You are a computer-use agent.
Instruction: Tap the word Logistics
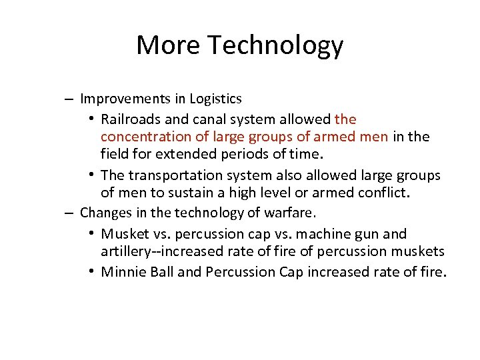[215, 99]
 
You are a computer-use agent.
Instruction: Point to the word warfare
[294, 213]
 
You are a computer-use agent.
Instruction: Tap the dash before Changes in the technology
[69, 213]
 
